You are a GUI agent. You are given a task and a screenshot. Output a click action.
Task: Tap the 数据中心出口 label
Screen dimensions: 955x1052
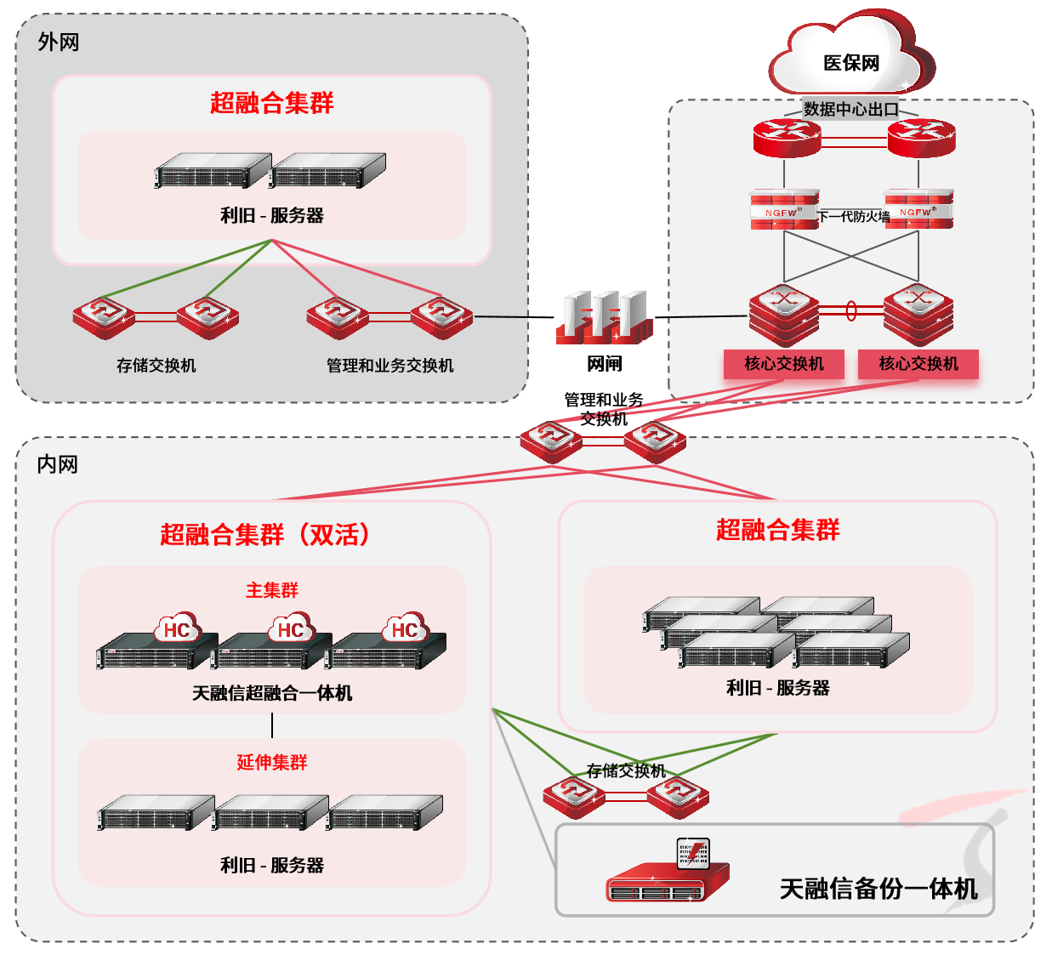[850, 109]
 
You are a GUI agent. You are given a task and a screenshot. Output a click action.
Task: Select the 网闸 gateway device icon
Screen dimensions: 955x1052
[605, 317]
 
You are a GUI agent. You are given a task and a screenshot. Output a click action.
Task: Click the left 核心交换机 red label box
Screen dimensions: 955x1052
[783, 364]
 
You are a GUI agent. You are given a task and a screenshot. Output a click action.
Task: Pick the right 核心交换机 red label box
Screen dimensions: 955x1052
[918, 364]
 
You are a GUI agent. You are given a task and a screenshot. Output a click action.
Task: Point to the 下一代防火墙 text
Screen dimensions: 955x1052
[853, 217]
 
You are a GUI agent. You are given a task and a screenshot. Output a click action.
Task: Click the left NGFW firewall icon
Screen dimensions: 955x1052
[783, 210]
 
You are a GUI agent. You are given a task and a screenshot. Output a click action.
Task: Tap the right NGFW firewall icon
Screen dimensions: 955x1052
[918, 210]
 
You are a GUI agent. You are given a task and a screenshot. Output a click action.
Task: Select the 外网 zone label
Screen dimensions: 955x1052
[59, 42]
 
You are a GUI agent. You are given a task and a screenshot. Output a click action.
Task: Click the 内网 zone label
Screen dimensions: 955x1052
[57, 464]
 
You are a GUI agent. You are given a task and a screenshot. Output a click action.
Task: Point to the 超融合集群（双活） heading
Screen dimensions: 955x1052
[266, 534]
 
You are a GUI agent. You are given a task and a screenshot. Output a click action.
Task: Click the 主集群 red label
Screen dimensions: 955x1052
[272, 589]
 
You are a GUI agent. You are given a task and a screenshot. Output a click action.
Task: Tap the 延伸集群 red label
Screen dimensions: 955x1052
[272, 762]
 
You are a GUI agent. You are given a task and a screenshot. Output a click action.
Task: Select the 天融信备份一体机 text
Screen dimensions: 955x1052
[879, 889]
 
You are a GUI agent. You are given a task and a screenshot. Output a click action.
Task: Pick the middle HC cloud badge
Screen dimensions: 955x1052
[291, 628]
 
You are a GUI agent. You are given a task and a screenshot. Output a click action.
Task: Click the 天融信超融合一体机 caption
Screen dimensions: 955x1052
[272, 693]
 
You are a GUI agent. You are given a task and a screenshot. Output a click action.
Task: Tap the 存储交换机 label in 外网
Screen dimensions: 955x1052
[156, 366]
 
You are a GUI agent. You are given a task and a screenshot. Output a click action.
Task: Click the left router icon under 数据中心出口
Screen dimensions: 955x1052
[787, 138]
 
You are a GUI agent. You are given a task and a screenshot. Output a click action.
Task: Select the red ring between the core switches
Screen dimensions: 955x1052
[850, 310]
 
